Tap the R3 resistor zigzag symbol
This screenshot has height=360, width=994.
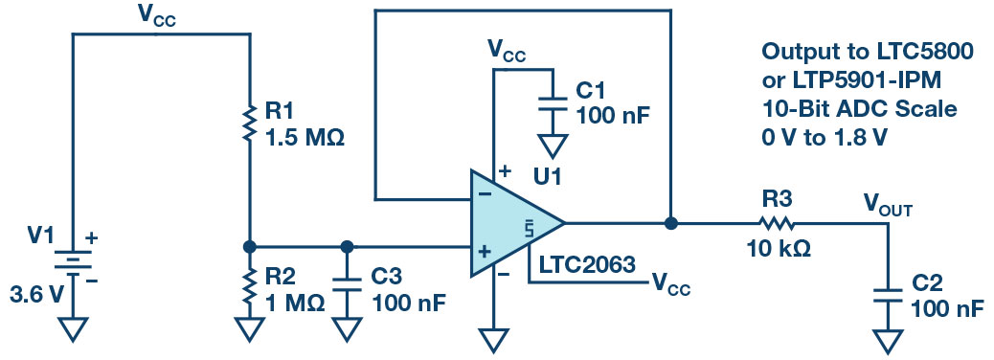[x=775, y=223]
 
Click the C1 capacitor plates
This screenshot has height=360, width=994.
[x=553, y=104]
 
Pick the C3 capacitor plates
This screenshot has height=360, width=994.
[x=346, y=283]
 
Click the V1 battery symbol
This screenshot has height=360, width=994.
[x=72, y=262]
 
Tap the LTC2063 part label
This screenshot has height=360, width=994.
[x=586, y=265]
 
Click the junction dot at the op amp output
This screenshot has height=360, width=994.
[x=670, y=223]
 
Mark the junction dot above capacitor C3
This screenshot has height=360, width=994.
[x=346, y=246]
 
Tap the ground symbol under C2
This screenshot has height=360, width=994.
[x=888, y=341]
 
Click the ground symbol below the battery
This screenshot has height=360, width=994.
[x=72, y=329]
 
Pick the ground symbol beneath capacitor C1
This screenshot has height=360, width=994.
[x=553, y=146]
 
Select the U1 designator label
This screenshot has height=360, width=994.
[x=548, y=176]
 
